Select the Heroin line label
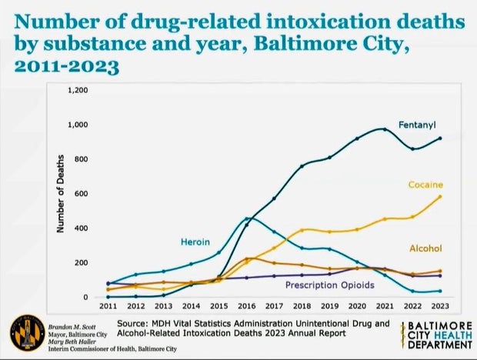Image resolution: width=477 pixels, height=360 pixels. tap(195, 242)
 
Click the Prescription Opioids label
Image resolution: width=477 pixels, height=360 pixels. tap(329, 285)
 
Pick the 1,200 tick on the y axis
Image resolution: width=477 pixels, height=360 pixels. tap(79, 90)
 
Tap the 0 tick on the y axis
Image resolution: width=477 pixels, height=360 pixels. tap(87, 298)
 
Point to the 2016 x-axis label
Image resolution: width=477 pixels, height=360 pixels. tap(245, 306)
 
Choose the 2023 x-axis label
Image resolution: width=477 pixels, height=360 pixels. tap(440, 306)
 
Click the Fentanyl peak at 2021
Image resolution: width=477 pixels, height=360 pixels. tap(385, 128)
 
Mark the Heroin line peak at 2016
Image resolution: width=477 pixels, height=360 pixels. tap(246, 218)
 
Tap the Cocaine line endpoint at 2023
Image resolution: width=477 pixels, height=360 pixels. tap(440, 196)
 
